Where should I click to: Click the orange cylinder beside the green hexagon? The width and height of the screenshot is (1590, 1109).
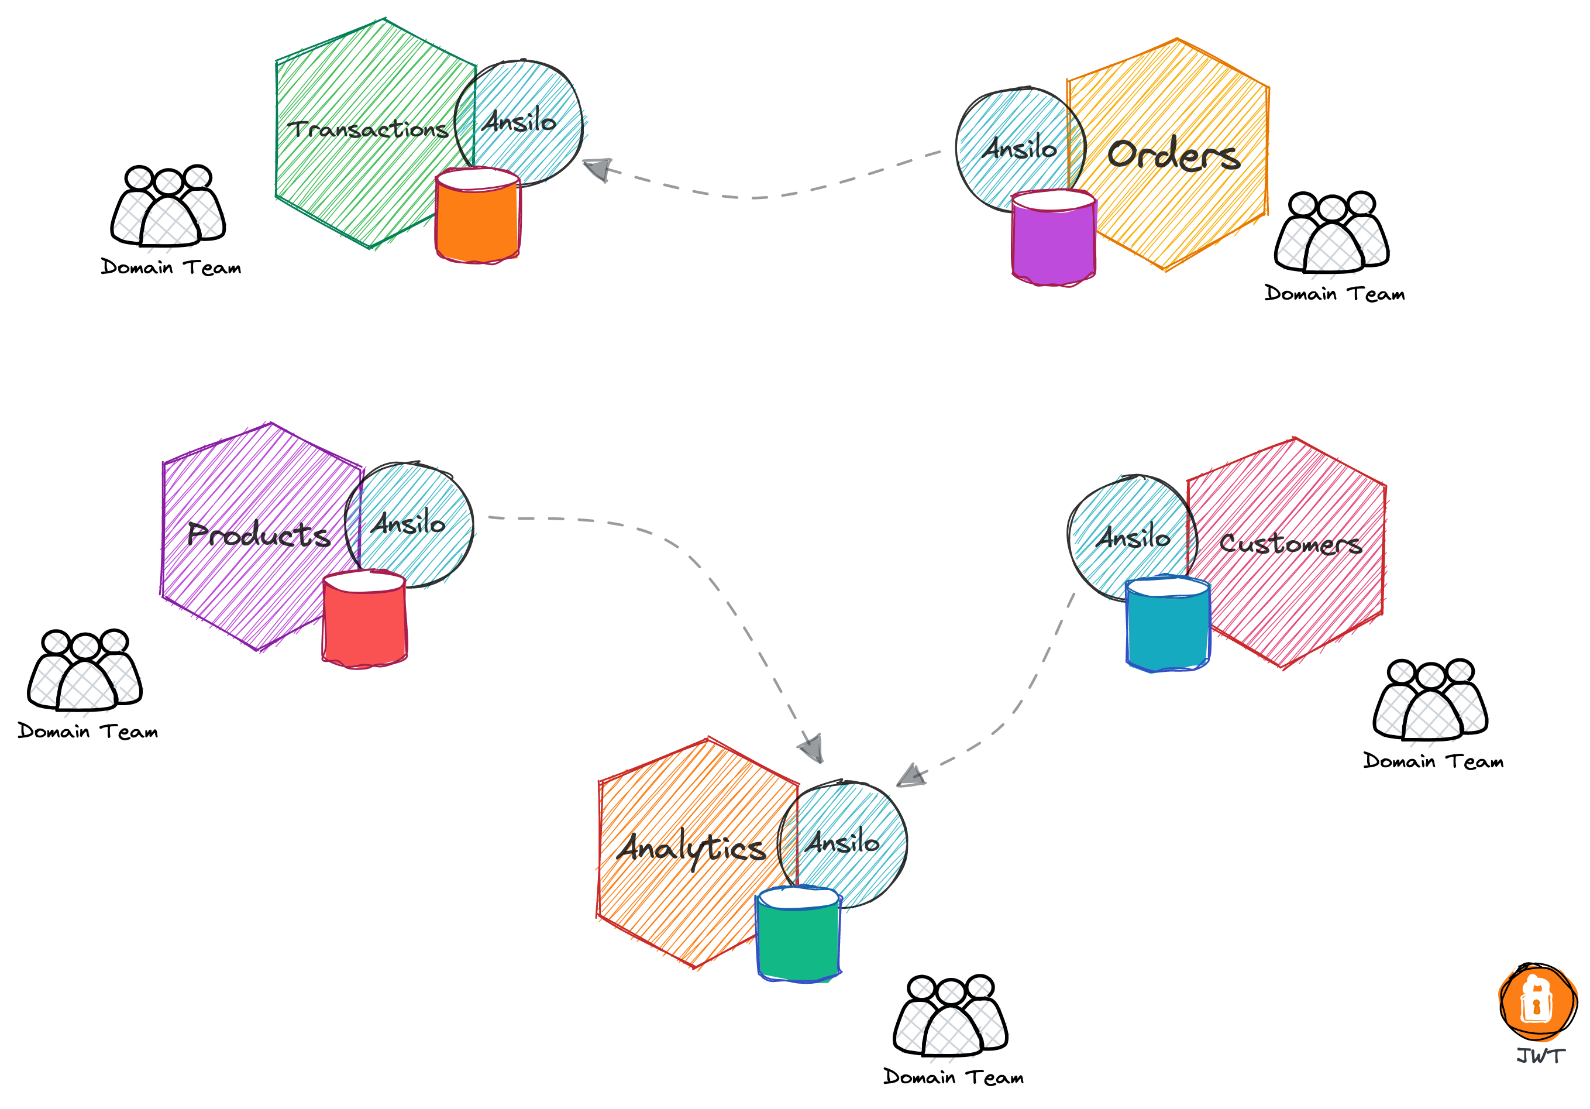click(478, 218)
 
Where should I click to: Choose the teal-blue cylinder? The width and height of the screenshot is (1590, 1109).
click(1168, 627)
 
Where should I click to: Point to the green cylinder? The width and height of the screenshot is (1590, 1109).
click(799, 939)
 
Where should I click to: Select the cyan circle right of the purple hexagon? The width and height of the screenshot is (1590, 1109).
click(415, 523)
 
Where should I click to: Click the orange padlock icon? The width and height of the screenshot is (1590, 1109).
click(1536, 1003)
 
